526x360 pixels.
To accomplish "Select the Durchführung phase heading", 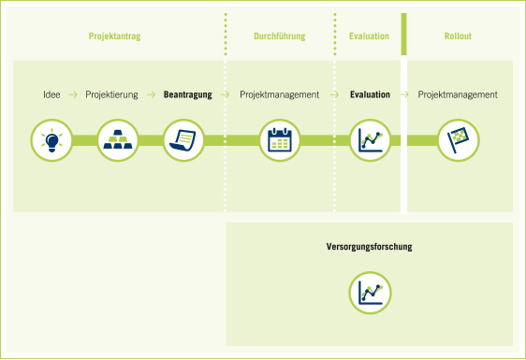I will (x=280, y=36).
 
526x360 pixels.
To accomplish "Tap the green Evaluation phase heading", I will (x=369, y=36).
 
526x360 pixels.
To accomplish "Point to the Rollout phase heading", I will (x=458, y=36).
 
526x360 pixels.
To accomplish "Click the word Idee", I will (x=52, y=94).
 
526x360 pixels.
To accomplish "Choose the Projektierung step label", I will (x=111, y=94).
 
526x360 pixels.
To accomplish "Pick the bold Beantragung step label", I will (x=188, y=94).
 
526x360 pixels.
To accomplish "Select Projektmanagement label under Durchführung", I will (x=280, y=94).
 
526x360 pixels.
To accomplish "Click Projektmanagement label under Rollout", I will (x=458, y=94).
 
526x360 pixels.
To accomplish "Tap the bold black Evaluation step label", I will (x=370, y=94).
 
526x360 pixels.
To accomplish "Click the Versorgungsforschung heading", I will (x=370, y=247).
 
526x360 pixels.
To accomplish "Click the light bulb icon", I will (x=51, y=140).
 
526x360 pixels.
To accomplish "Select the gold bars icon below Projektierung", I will (x=118, y=140).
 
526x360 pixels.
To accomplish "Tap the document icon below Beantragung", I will (x=183, y=140).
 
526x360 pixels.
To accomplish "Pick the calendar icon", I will (x=280, y=140).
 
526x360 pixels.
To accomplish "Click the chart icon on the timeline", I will (x=370, y=140).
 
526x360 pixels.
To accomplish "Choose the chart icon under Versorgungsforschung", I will (x=370, y=293).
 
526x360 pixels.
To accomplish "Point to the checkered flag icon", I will (x=458, y=140).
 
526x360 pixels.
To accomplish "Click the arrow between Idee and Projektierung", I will (x=73, y=94).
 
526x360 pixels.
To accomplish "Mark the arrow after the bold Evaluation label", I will (x=403, y=94).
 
